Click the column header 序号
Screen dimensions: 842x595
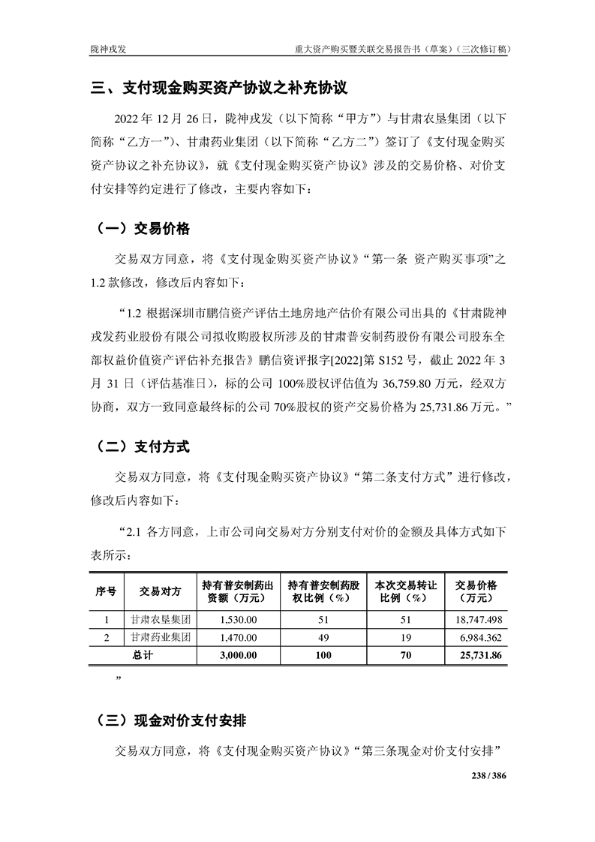point(106,591)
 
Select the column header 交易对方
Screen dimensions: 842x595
point(161,591)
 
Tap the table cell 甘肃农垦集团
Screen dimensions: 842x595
point(161,621)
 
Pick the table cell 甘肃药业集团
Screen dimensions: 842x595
point(161,637)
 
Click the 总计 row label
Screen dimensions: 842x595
point(143,655)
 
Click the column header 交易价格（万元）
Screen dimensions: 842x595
point(476,591)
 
